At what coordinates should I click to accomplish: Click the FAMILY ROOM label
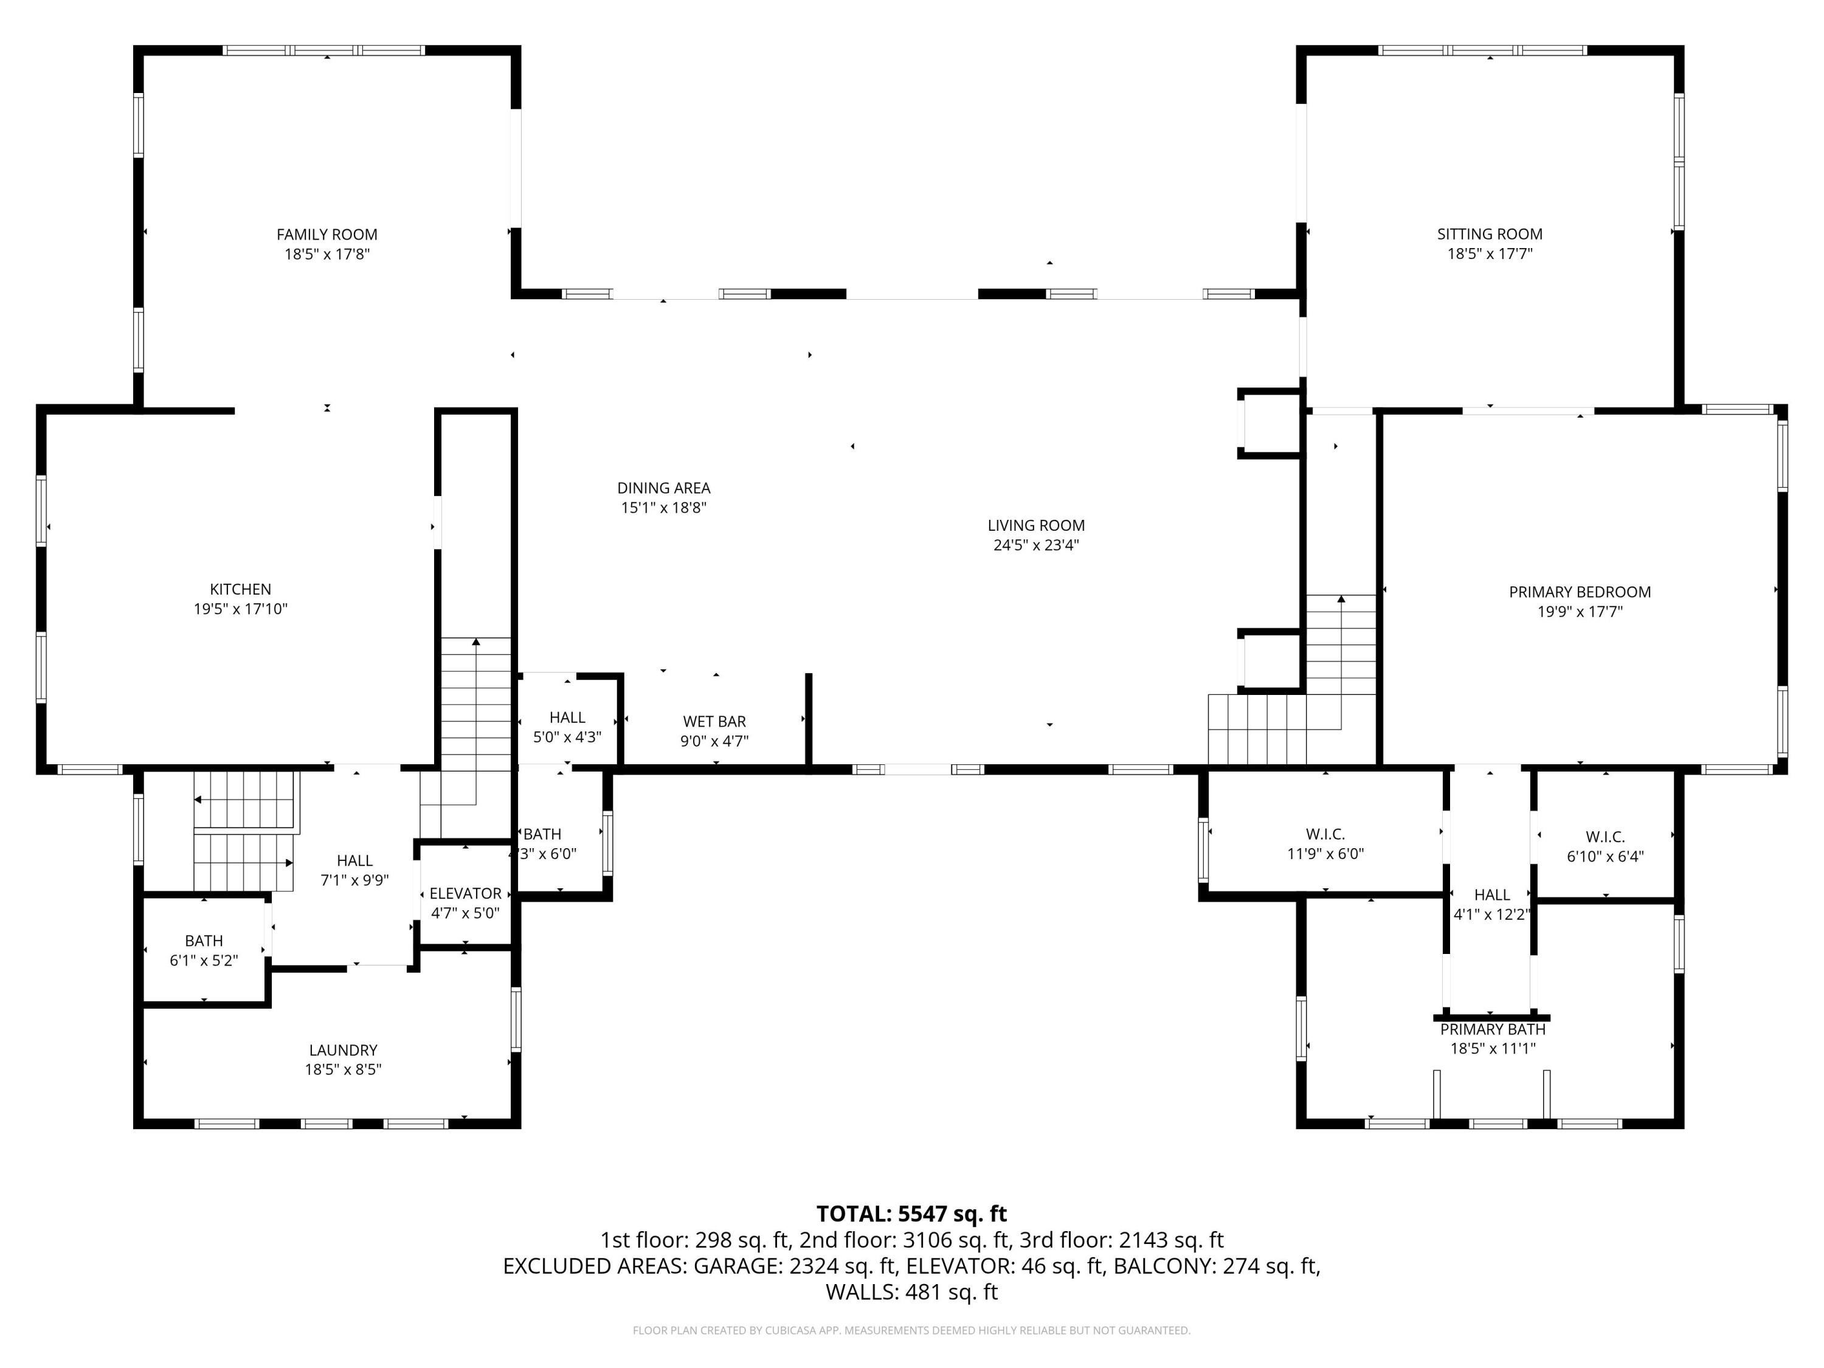(326, 234)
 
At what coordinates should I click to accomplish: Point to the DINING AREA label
(664, 488)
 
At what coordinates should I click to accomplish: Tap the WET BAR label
(714, 722)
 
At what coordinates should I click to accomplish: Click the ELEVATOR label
(465, 894)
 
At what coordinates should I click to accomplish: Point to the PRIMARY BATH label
(1493, 1029)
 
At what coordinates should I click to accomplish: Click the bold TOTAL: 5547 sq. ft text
(911, 1214)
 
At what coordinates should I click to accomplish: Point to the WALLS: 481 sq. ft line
(911, 1292)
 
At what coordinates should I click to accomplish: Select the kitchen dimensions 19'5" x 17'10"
(240, 609)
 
